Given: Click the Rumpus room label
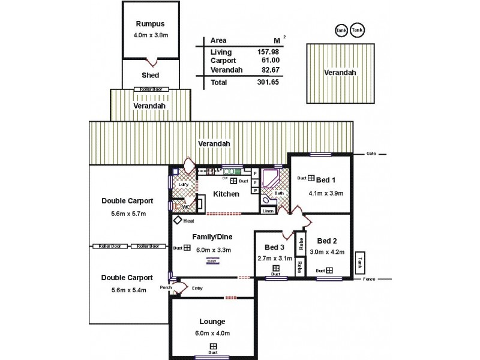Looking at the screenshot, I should [149, 25].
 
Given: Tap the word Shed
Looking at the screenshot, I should [150, 76].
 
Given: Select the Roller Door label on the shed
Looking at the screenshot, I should [151, 89].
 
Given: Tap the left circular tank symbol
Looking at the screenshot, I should [341, 29].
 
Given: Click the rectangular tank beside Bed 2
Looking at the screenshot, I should [360, 262].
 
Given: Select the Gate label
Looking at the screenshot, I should [371, 154].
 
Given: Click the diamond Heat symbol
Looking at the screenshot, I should [178, 220].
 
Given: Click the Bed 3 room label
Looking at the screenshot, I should [274, 247].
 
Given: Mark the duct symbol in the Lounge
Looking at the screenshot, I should [214, 346].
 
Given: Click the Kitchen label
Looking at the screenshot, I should [226, 194].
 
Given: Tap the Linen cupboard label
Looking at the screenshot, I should [268, 211].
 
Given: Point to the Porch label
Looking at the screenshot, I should [166, 287].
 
